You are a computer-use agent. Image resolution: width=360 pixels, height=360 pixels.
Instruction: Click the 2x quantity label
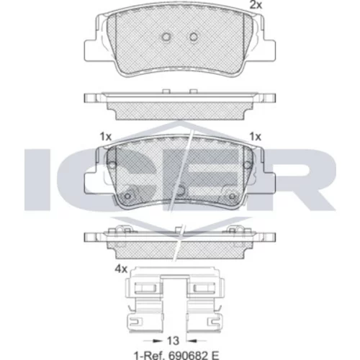(x=256, y=5)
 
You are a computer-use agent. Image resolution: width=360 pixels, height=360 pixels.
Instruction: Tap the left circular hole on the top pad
(x=166, y=37)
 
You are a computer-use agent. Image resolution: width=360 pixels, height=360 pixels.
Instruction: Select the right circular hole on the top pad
(x=194, y=37)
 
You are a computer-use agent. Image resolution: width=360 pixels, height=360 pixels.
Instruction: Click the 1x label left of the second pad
(x=106, y=137)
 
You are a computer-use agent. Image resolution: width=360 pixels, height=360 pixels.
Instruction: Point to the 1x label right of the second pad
(x=256, y=137)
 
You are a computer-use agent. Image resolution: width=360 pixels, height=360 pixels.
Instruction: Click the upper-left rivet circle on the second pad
(x=112, y=165)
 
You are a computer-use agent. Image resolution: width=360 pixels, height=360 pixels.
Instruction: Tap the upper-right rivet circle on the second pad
(x=247, y=165)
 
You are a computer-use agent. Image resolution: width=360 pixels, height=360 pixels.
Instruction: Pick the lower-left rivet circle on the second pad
(x=127, y=196)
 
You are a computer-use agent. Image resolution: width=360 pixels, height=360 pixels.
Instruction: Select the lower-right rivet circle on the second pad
(x=232, y=196)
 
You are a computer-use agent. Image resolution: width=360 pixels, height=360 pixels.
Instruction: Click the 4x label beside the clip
(x=121, y=269)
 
